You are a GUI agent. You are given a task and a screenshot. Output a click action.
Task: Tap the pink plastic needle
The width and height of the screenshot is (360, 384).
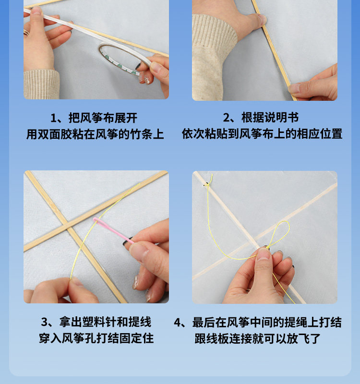pos(113,230)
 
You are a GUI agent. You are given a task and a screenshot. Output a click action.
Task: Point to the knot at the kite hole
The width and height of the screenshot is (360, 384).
pos(207,183)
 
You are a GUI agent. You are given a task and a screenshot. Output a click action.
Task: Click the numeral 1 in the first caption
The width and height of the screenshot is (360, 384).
pos(54,118)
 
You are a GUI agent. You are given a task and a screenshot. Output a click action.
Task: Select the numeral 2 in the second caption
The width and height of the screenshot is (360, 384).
pos(227,118)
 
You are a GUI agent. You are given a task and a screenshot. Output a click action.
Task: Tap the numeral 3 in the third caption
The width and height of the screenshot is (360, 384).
pos(45,322)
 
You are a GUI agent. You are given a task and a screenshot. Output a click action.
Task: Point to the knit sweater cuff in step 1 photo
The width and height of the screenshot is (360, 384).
pos(42,84)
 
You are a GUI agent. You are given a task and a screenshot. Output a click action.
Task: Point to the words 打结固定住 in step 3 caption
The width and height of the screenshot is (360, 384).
pos(125,338)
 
